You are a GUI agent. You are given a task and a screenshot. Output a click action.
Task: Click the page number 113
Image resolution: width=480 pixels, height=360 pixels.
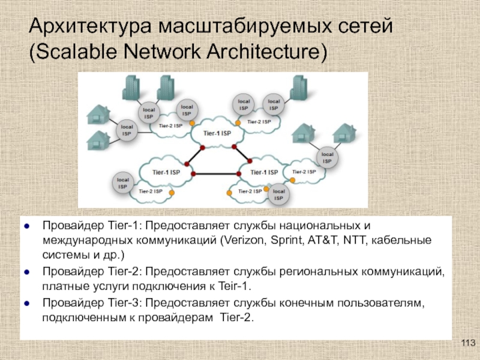click(x=468, y=343)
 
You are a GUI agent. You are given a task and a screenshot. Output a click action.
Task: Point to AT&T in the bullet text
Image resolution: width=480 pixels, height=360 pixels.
click(x=323, y=241)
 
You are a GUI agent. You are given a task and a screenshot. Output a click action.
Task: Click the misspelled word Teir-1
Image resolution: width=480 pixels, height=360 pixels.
click(x=235, y=286)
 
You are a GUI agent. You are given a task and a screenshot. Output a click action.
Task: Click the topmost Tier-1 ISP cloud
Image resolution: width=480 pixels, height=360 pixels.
click(x=217, y=133)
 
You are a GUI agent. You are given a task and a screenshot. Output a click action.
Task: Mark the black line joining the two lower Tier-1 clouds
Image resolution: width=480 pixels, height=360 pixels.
click(x=216, y=174)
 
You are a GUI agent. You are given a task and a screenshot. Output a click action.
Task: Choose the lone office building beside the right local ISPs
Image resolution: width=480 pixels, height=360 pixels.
click(x=298, y=88)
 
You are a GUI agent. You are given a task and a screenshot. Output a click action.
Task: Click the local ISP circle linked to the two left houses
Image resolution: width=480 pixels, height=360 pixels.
click(x=127, y=130)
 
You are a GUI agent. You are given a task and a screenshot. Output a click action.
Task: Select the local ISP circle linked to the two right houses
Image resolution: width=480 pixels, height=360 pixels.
click(x=327, y=157)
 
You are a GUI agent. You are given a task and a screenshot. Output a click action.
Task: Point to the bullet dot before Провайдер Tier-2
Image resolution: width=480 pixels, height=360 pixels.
click(x=26, y=272)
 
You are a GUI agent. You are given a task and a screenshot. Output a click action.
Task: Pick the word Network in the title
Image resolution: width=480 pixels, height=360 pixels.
click(x=162, y=52)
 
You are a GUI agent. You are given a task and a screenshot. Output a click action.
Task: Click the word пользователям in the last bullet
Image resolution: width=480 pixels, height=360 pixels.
click(x=381, y=303)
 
